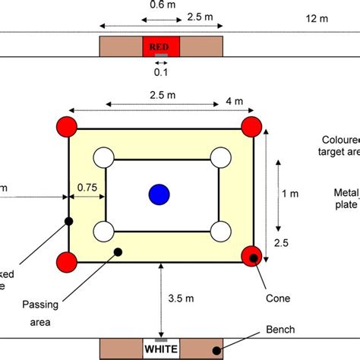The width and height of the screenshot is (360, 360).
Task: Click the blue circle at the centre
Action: [x=159, y=194]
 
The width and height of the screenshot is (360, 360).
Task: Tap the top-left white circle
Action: [x=103, y=159]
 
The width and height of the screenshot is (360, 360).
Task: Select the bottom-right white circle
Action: [x=219, y=230]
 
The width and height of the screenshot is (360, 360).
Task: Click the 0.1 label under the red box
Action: [x=160, y=74]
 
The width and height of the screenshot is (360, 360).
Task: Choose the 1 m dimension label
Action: [x=289, y=194]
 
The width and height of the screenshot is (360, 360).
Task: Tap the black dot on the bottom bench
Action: [x=217, y=349]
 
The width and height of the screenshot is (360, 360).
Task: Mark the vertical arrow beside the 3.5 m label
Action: [x=160, y=300]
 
